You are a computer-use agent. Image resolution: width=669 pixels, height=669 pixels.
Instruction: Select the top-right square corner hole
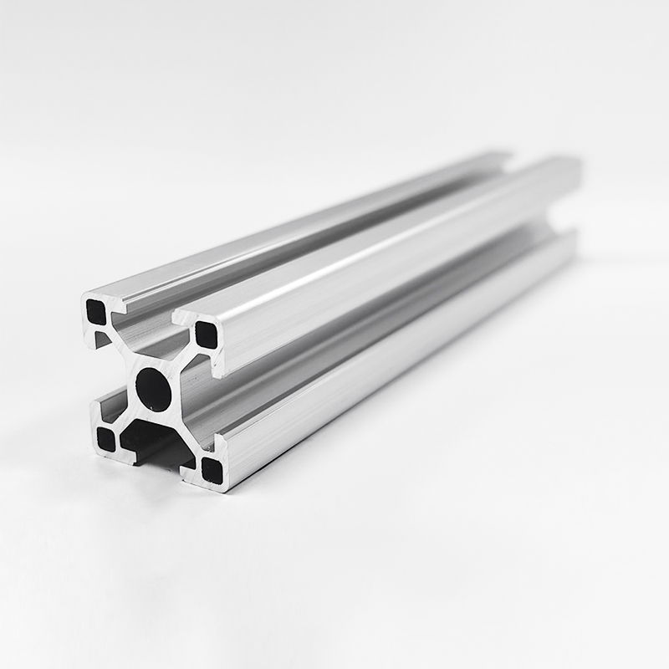pyautogui.click(x=206, y=335)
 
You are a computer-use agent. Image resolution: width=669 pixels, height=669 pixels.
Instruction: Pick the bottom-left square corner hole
pyautogui.click(x=106, y=438)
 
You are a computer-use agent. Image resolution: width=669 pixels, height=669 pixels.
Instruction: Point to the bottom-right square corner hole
pyautogui.click(x=212, y=471)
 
